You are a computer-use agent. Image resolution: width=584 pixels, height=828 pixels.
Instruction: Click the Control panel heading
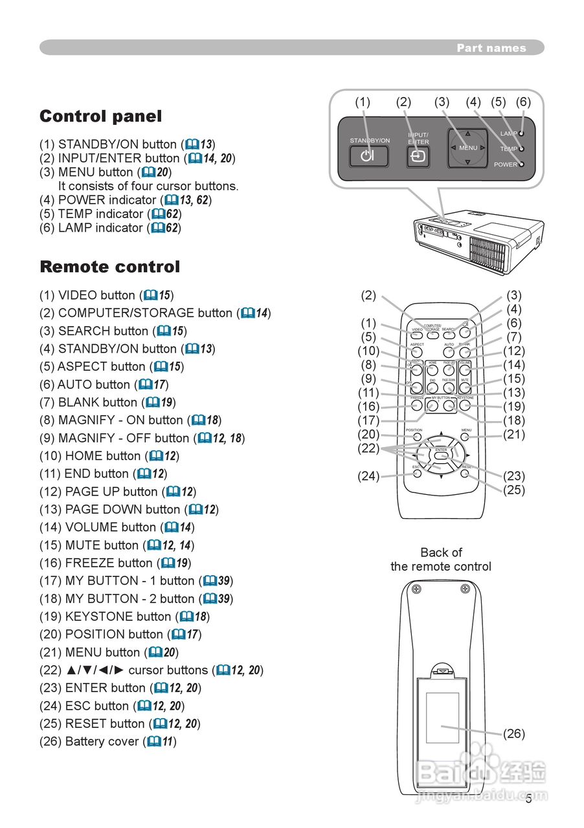click(100, 116)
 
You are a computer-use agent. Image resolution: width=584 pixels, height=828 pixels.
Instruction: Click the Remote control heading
click(109, 267)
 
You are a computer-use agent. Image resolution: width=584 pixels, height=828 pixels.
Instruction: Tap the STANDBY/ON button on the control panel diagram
click(369, 156)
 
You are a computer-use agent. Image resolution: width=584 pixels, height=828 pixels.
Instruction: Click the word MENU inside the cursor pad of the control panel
click(468, 148)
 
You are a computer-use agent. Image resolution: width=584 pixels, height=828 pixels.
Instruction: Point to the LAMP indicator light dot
click(522, 133)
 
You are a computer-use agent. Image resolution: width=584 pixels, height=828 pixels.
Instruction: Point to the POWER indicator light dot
click(522, 164)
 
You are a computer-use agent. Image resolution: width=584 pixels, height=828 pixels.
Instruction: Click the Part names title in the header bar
click(491, 48)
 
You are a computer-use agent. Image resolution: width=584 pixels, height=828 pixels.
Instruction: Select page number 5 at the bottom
click(528, 799)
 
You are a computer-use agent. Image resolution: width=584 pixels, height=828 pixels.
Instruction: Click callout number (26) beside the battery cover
click(514, 734)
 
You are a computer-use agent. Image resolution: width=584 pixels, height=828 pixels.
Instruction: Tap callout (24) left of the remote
click(368, 476)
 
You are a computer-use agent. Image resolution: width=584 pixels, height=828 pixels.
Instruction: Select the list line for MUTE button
click(117, 545)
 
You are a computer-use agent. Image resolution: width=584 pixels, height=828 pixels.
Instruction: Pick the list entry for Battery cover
click(107, 741)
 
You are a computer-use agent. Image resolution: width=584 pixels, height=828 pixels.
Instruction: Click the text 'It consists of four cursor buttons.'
click(148, 186)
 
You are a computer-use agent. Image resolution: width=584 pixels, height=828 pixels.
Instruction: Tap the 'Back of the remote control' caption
click(441, 560)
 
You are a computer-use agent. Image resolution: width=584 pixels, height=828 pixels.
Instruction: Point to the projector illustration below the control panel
click(478, 239)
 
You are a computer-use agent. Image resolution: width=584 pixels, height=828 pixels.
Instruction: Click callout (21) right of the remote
click(514, 434)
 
